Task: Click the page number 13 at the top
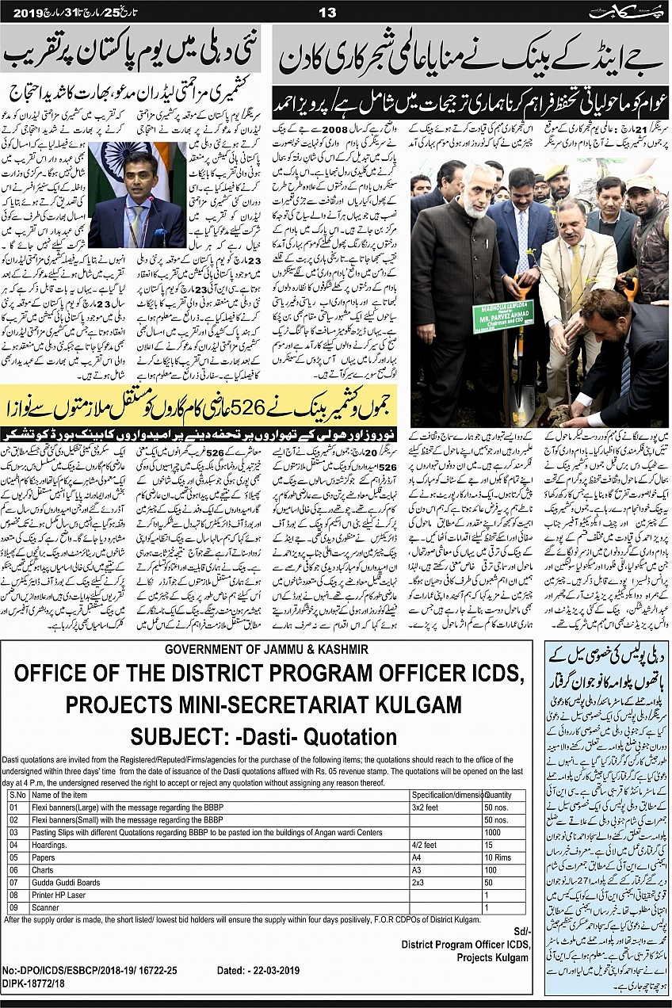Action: [x=326, y=12]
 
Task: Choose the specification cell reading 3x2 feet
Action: [x=425, y=808]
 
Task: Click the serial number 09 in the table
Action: [x=13, y=907]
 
